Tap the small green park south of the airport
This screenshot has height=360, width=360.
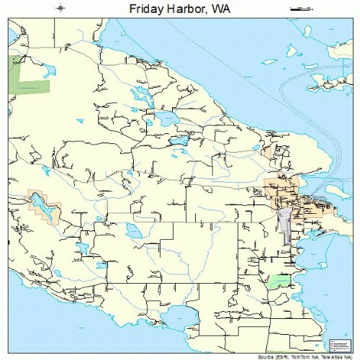click(279, 280)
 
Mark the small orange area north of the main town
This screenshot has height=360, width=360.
click(269, 153)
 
